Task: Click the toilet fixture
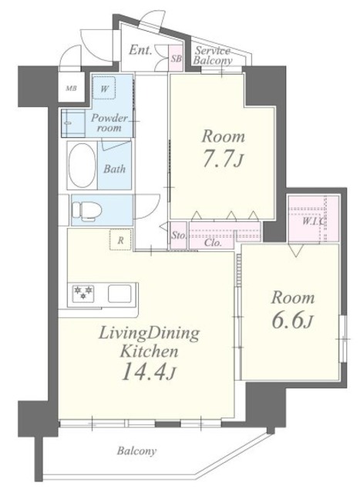pyautogui.click(x=86, y=210)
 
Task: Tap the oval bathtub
pyautogui.click(x=82, y=166)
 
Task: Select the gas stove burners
pyautogui.click(x=84, y=293)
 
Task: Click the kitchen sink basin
pyautogui.click(x=119, y=293)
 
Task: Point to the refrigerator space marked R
pyautogui.click(x=120, y=240)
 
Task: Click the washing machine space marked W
pyautogui.click(x=105, y=89)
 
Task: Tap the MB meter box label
pyautogui.click(x=71, y=89)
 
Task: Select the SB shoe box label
pyautogui.click(x=177, y=59)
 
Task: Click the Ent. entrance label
pyautogui.click(x=140, y=50)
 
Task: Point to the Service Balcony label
pyautogui.click(x=213, y=55)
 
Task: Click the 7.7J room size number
pyautogui.click(x=223, y=159)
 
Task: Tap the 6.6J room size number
pyautogui.click(x=292, y=320)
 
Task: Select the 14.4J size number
pyautogui.click(x=148, y=372)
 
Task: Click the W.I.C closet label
pyautogui.click(x=313, y=221)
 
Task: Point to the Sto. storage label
pyautogui.click(x=179, y=235)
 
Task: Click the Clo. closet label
pyautogui.click(x=213, y=243)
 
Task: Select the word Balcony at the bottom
pyautogui.click(x=136, y=451)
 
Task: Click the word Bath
pyautogui.click(x=115, y=169)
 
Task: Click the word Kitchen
pyautogui.click(x=149, y=351)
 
